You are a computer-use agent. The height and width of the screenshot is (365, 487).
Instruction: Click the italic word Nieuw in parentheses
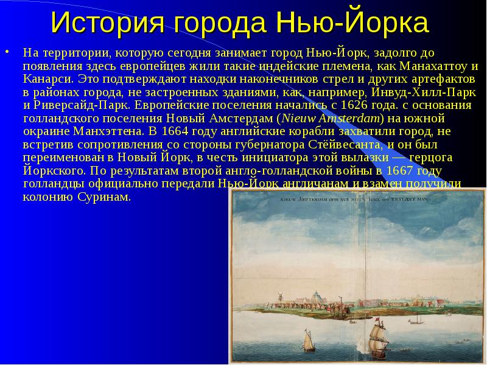pos(295,118)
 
